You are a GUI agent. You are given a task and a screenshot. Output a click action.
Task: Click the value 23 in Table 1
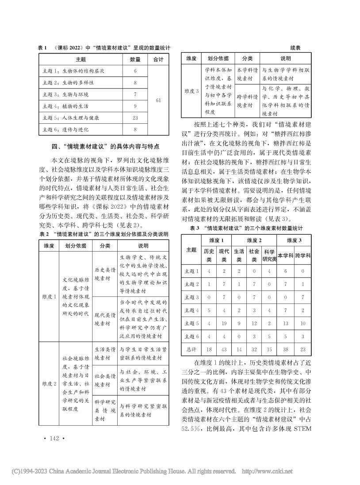(135, 118)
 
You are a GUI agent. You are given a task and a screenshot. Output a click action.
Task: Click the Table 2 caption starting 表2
(104, 234)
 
